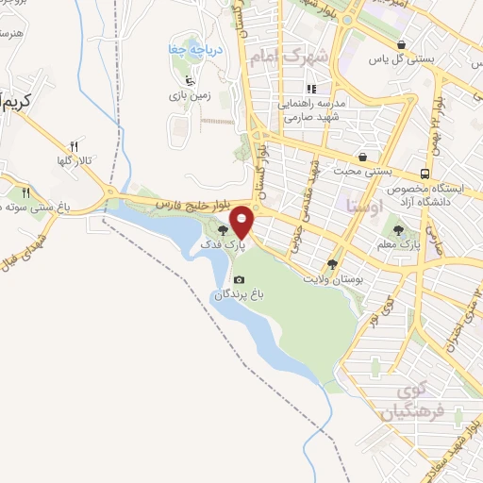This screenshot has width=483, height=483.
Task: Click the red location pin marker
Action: click(x=242, y=222)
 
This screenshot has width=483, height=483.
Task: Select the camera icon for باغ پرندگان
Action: click(x=239, y=279)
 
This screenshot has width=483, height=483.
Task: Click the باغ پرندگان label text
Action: click(x=236, y=294)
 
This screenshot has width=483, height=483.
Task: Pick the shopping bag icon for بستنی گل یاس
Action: click(x=402, y=44)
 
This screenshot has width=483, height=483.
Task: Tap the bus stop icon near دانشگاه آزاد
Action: click(x=426, y=174)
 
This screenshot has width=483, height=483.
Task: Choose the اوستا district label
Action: click(x=363, y=203)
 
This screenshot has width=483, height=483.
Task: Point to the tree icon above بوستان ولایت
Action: click(x=332, y=264)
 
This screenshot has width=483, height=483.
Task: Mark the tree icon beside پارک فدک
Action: click(x=223, y=229)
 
